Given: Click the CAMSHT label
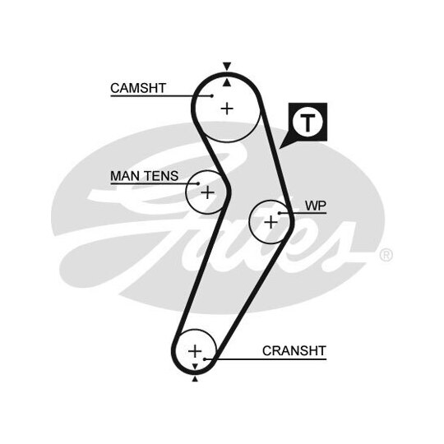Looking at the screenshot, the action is (x=138, y=88).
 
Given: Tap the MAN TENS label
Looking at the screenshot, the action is (x=144, y=176).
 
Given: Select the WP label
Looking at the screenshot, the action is (x=316, y=206).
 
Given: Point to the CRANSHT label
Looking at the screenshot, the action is (x=294, y=351).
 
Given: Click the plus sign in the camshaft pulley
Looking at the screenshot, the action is (x=227, y=109).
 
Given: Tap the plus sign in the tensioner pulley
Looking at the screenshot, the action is (x=207, y=192).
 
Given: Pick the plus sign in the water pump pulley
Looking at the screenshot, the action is (x=271, y=222).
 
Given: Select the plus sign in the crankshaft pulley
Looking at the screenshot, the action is (x=195, y=351).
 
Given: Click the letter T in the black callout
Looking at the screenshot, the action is (x=308, y=123).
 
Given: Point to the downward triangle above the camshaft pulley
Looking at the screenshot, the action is (x=227, y=66).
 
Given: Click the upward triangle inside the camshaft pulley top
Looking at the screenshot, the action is (x=227, y=83).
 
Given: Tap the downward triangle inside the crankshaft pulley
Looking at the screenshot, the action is (x=195, y=367).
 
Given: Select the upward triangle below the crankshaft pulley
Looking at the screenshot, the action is (x=195, y=379).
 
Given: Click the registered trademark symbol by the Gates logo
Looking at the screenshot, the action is (x=386, y=255).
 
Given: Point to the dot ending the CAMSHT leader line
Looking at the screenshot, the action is (x=212, y=96).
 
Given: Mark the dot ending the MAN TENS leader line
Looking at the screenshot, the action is (x=198, y=183).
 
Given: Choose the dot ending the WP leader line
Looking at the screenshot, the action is (x=280, y=213).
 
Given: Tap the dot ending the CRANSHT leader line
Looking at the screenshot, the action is (x=205, y=359).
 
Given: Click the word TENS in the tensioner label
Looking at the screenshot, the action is (x=162, y=176).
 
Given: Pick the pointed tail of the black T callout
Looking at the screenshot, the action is (x=280, y=148).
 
